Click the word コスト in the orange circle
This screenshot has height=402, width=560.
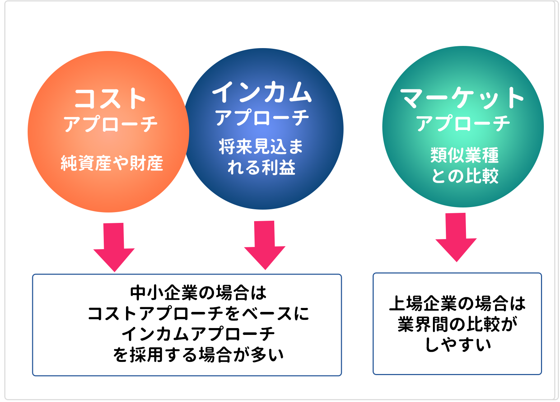coord(110,98)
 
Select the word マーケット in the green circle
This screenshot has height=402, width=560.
coord(462,98)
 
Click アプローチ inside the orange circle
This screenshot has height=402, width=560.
coord(111,124)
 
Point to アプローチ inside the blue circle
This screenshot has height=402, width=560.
coord(262,118)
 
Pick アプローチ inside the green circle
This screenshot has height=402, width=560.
coord(463,123)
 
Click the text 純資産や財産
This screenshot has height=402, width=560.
coord(112,163)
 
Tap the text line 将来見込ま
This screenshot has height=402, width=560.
coord(261,146)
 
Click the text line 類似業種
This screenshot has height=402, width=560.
coord(465,155)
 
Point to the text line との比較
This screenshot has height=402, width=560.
coord(465,176)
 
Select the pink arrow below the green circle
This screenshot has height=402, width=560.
coord(456,237)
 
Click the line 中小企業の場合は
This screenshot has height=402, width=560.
coord(198,293)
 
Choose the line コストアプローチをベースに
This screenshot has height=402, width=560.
coord(198,313)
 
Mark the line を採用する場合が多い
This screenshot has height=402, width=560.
coord(198,355)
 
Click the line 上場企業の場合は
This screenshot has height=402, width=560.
coord(457,303)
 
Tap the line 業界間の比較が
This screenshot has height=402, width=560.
coord(457,324)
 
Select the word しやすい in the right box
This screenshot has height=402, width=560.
coord(457,345)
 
